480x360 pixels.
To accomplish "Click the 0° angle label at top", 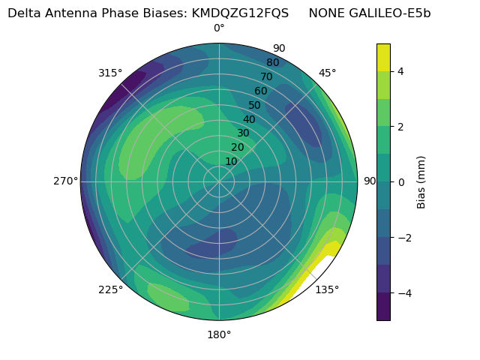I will tap(219, 28).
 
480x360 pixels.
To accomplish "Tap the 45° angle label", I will tap(327, 73).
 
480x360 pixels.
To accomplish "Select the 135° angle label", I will tap(327, 289).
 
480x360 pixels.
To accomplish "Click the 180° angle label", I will tap(219, 334).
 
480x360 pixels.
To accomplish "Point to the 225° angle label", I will tap(110, 290).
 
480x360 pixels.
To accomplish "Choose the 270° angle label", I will tap(65, 181).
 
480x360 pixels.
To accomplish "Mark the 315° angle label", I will tap(110, 73).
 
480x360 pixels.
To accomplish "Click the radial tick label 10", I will tap(231, 161).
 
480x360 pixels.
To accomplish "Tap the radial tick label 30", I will tap(243, 133).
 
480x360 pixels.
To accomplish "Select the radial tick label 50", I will tap(255, 105).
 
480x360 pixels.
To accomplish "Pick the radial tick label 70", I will tap(267, 76).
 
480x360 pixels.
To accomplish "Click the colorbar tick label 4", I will tap(401, 71).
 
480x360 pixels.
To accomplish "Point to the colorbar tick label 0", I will tap(401, 181).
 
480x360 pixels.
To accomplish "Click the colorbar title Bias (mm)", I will tap(421, 181).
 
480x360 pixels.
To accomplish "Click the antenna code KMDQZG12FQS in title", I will tap(240, 13).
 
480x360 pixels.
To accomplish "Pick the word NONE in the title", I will tap(325, 13).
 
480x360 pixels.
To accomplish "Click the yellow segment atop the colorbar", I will tap(383, 57).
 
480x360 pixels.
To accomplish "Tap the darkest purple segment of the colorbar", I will tap(383, 306).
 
